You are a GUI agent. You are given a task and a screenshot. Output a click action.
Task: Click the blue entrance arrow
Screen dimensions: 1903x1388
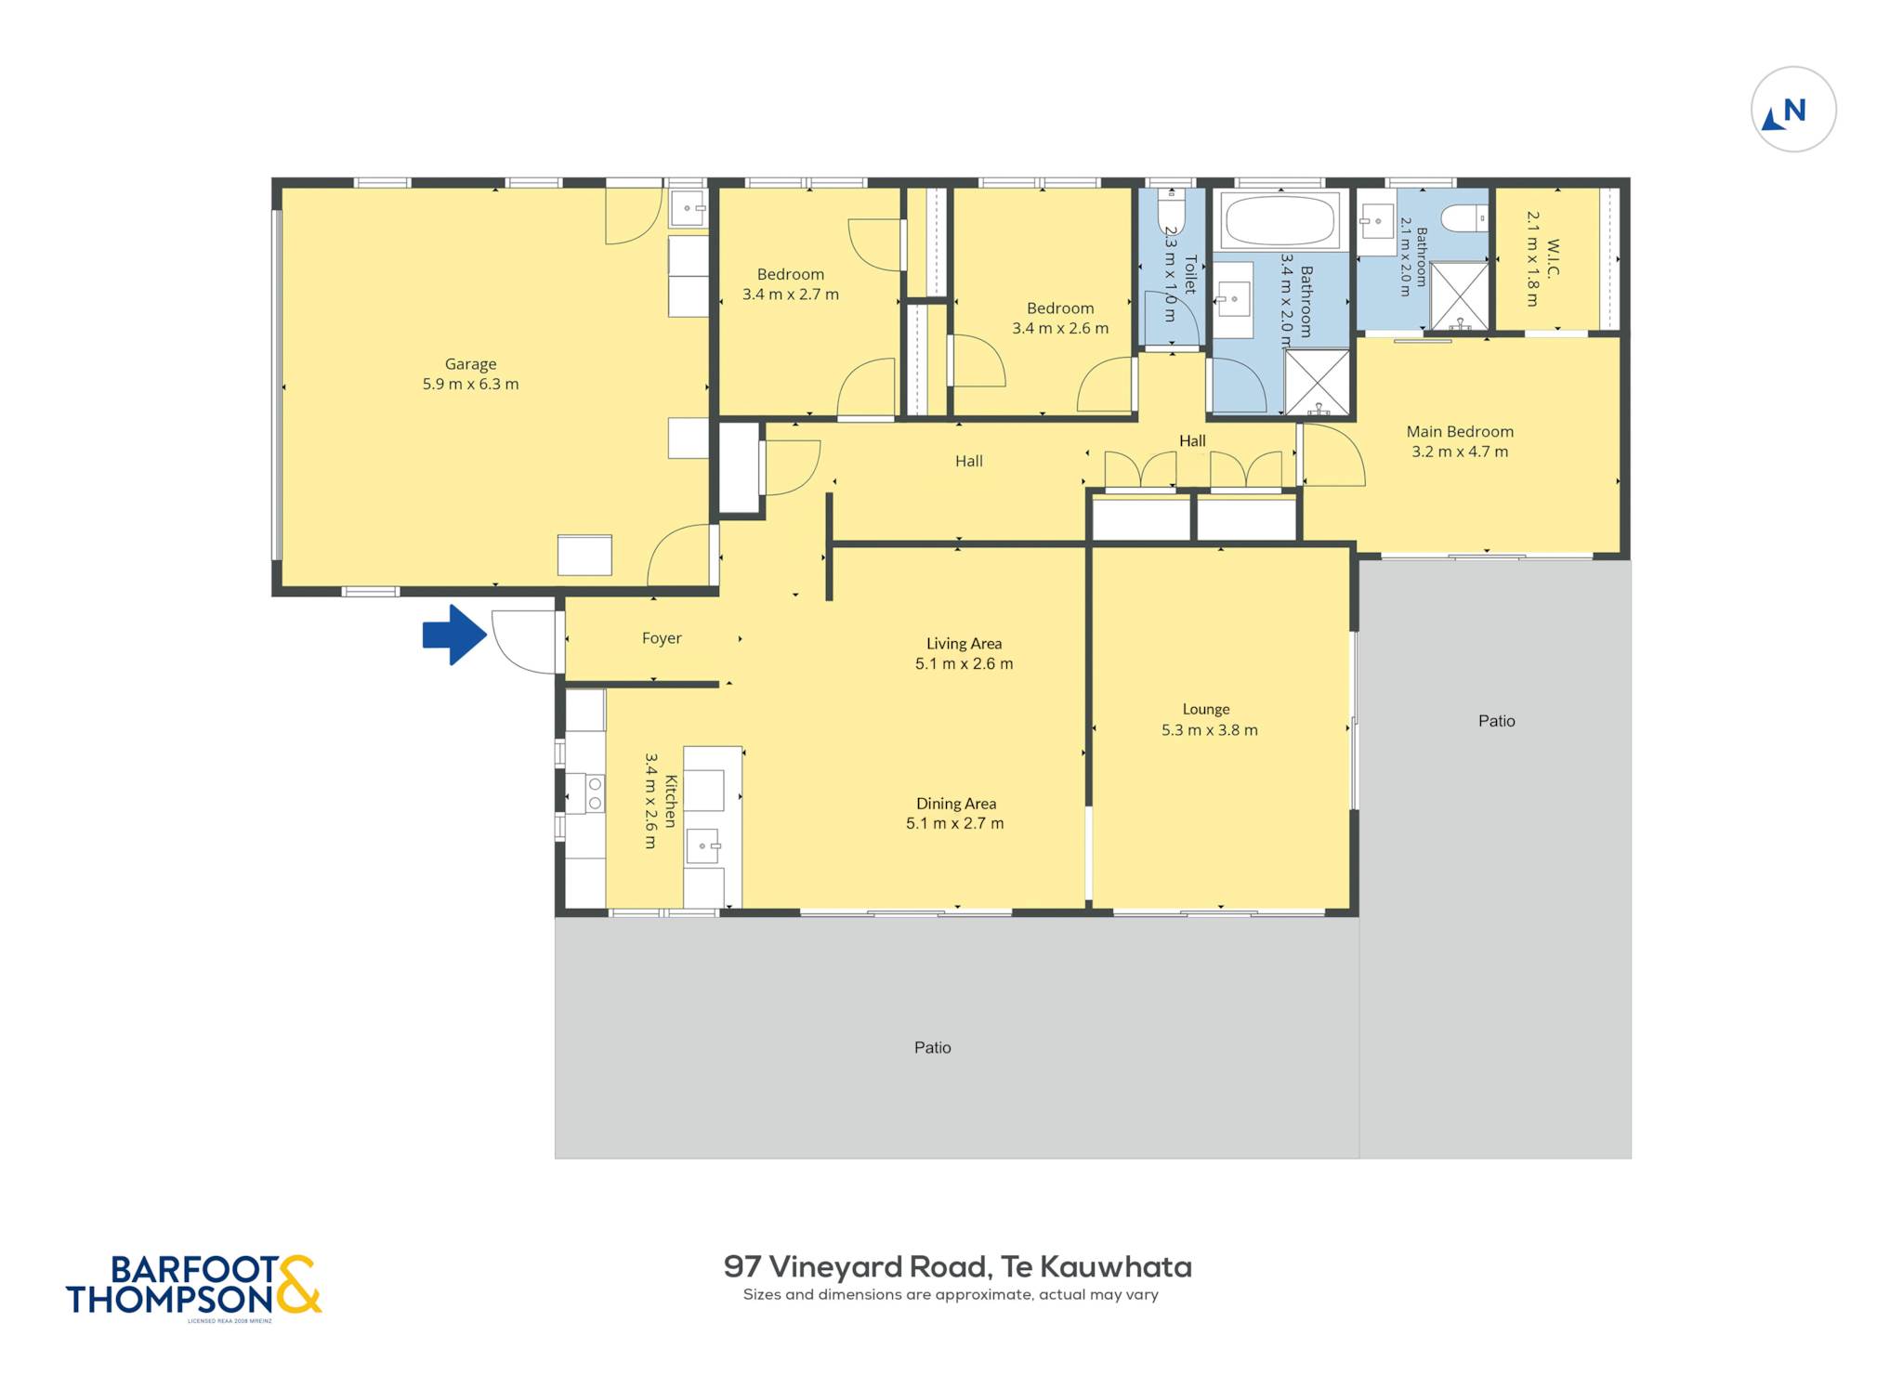click(x=454, y=635)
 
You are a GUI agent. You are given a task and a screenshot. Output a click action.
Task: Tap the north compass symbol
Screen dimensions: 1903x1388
click(x=1792, y=110)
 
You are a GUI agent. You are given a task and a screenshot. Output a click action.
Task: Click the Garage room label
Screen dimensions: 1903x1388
click(x=470, y=364)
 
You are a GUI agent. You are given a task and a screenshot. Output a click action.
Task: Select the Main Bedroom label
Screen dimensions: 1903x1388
click(x=1460, y=431)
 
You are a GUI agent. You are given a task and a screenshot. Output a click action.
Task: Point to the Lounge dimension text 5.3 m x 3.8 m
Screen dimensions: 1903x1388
click(x=1209, y=730)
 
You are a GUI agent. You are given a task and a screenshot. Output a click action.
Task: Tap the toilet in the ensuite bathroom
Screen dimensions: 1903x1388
click(x=1464, y=218)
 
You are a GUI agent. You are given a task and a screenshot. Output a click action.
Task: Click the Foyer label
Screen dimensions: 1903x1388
click(x=662, y=638)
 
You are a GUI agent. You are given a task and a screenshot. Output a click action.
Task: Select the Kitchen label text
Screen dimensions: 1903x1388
click(x=671, y=800)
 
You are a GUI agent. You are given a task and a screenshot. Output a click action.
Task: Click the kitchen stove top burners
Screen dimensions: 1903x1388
click(x=594, y=793)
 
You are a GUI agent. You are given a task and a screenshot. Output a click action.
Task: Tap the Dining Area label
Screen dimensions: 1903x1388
click(x=956, y=804)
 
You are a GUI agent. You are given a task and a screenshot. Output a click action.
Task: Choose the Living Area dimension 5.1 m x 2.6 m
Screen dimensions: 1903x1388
click(x=964, y=663)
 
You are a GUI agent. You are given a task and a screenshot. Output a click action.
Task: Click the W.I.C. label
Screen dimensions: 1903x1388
click(x=1552, y=258)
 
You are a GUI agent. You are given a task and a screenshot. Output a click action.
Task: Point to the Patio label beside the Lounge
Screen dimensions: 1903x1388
click(x=1496, y=721)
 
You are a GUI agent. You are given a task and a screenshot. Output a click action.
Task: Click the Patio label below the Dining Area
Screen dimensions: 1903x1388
click(x=932, y=1048)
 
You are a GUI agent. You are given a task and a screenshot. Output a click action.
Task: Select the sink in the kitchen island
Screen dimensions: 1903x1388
click(x=703, y=846)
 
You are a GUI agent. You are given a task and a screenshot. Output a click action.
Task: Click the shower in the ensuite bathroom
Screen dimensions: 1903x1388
click(x=1459, y=295)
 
